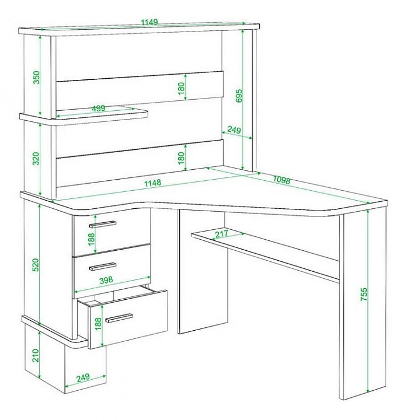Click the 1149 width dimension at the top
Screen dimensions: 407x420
tap(149, 22)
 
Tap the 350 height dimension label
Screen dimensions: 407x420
tap(36, 77)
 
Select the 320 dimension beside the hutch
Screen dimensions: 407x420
tap(36, 158)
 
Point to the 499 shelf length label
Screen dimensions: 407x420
tap(99, 108)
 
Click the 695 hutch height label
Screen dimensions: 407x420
tap(239, 96)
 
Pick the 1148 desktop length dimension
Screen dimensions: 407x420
tap(152, 183)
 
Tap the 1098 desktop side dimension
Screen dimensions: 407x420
tap(281, 180)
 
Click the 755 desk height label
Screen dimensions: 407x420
tap(364, 294)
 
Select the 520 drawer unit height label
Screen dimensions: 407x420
tap(36, 265)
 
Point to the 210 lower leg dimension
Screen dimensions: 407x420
tap(36, 355)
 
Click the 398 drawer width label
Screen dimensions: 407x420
tap(106, 280)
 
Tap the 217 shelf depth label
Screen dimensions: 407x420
tap(221, 234)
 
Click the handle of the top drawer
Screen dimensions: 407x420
tap(103, 224)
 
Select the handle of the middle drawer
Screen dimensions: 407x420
tap(103, 267)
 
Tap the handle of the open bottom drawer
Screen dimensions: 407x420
tap(119, 318)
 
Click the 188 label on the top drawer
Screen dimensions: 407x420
tap(92, 239)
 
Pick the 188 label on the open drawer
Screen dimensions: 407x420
tap(99, 324)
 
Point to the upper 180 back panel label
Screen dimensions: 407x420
tap(182, 89)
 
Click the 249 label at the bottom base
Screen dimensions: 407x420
tap(83, 377)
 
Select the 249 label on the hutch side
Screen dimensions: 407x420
tap(234, 130)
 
